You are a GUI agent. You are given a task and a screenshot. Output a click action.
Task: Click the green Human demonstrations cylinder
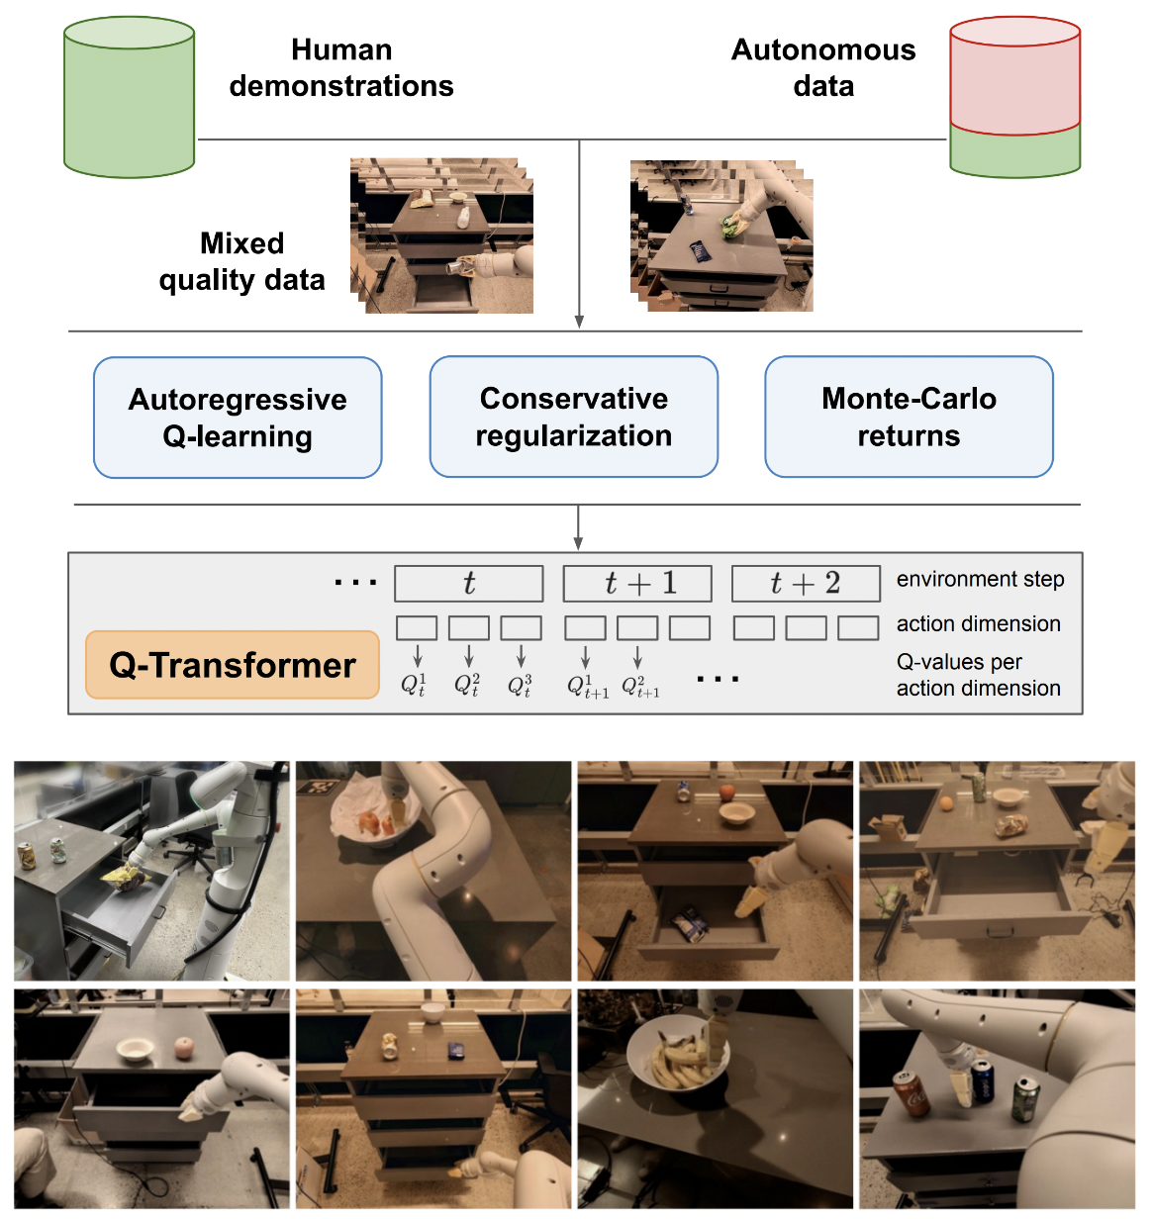129,99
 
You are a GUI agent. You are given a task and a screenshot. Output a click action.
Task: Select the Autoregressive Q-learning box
238,418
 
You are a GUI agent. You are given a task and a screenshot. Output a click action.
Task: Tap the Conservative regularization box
573,417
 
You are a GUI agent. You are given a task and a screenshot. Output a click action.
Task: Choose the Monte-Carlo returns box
909,417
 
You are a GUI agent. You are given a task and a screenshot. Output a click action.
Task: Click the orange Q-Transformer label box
233,665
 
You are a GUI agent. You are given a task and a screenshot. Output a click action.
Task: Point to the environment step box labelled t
469,584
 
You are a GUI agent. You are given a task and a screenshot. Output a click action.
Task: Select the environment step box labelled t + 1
637,584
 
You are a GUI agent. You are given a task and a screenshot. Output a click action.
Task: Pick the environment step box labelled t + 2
806,584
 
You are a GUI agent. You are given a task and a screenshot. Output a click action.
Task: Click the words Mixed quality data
241,262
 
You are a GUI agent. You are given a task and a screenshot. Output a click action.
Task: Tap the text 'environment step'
980,579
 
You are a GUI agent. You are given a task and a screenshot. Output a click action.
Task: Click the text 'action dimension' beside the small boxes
978,623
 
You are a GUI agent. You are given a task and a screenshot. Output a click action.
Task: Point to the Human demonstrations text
341,67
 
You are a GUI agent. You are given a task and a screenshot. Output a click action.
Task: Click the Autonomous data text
823,67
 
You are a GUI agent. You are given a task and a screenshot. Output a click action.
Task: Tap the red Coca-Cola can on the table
911,1093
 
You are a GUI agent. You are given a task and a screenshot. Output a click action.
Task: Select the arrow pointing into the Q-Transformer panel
578,529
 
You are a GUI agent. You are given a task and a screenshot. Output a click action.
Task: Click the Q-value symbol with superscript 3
521,685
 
